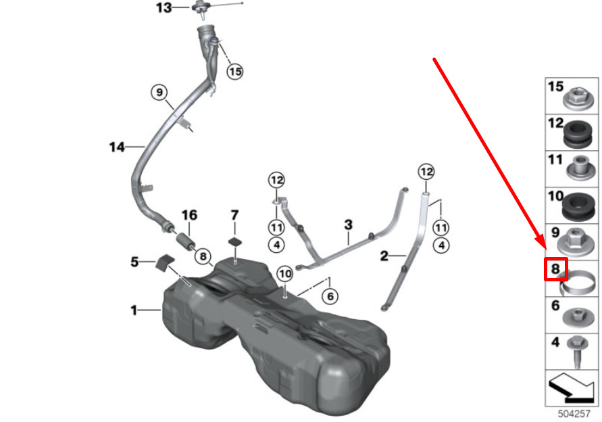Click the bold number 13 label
pos(164,7)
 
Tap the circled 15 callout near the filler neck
pos(235,72)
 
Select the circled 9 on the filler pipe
pos(159,92)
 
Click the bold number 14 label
pos(117,147)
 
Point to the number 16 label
pos(189,215)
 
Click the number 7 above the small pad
pos(235,215)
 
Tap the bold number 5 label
pos(134,262)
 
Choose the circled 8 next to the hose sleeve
pos(203,256)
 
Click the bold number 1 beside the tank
pos(134,310)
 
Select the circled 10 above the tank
pos(285,274)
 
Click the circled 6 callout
pos(330,296)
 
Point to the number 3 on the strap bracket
pos(348,225)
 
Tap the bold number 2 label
pos(384,256)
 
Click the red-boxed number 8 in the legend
pos(555,268)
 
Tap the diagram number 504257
pos(574,413)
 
